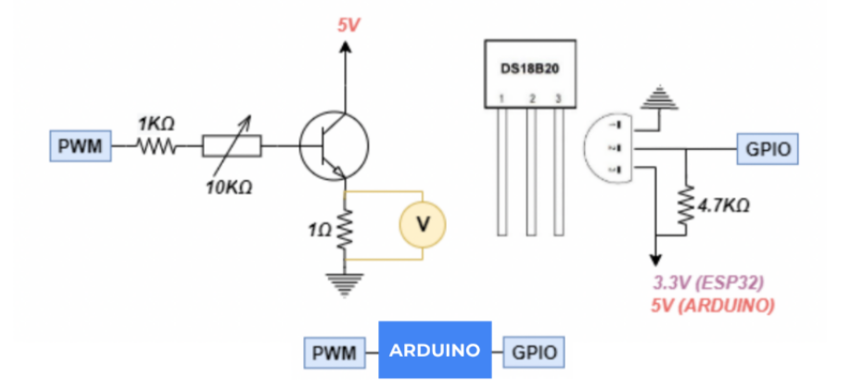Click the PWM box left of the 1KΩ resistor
[81, 145]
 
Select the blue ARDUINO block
[434, 350]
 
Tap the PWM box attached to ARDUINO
[334, 351]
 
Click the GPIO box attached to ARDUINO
[533, 351]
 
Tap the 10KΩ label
[229, 188]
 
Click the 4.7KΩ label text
[724, 206]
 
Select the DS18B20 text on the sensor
[529, 69]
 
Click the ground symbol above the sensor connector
[659, 94]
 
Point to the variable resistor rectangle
[232, 145]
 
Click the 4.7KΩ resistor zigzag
[687, 205]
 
